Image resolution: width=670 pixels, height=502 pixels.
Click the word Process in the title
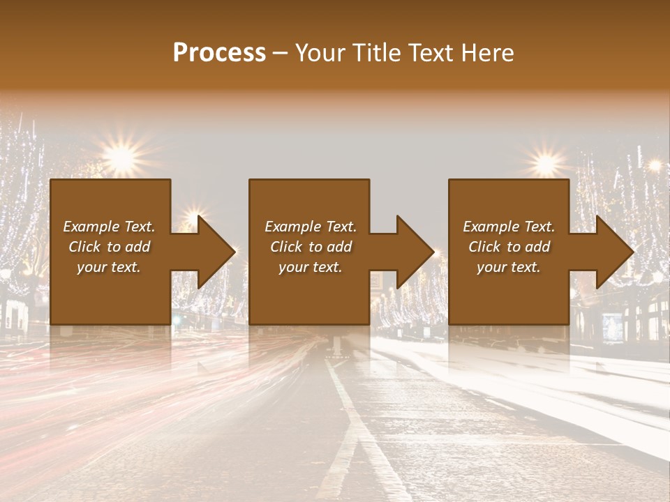(219, 53)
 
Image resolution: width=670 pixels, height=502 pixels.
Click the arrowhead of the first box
(215, 252)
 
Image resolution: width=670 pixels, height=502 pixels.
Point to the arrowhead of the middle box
(414, 252)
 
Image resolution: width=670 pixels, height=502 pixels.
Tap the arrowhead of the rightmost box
(613, 252)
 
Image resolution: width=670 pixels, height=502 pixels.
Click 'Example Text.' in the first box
(109, 227)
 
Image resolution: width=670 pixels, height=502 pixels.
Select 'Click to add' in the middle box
(311, 247)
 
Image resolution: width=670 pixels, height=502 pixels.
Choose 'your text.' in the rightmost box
(509, 267)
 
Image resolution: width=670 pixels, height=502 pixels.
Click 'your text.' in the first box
(109, 267)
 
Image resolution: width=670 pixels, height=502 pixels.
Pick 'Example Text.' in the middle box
(311, 227)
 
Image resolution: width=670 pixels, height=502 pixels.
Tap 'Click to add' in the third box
(509, 247)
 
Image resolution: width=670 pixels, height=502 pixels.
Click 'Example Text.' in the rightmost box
(509, 227)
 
